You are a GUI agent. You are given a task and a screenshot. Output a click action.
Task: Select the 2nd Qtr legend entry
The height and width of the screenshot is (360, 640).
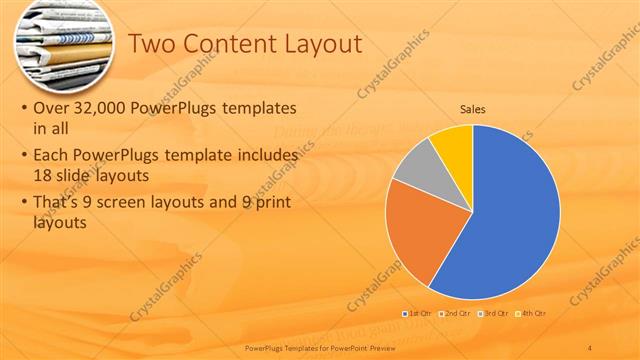tap(456, 314)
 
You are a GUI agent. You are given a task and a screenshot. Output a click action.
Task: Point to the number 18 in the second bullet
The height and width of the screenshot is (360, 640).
tap(42, 175)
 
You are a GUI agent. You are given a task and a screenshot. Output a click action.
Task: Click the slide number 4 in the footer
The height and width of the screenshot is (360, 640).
tap(590, 345)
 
